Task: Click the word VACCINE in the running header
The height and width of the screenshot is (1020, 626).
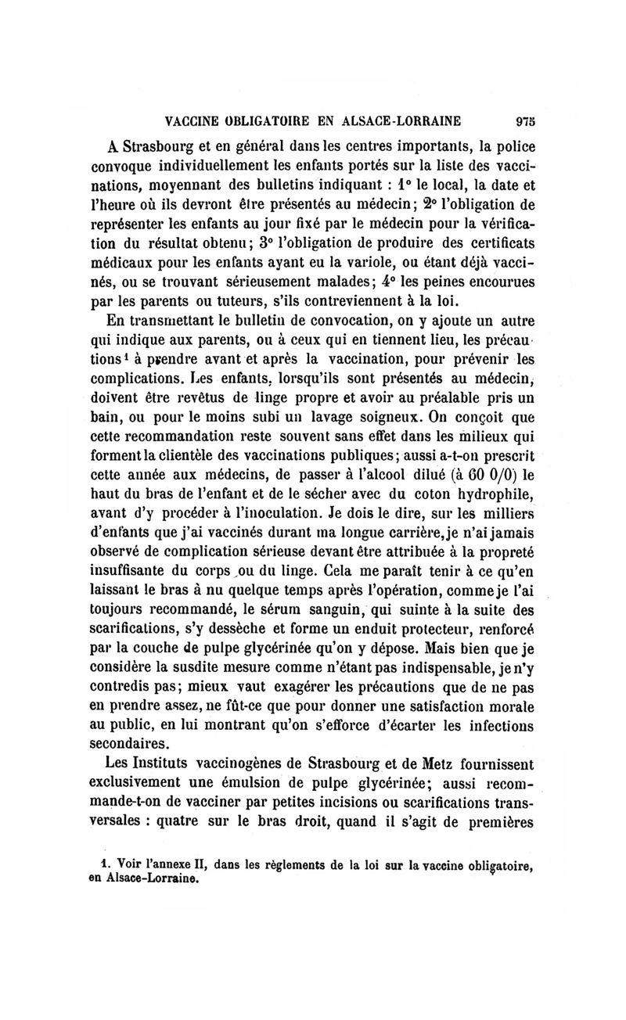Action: [188, 120]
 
